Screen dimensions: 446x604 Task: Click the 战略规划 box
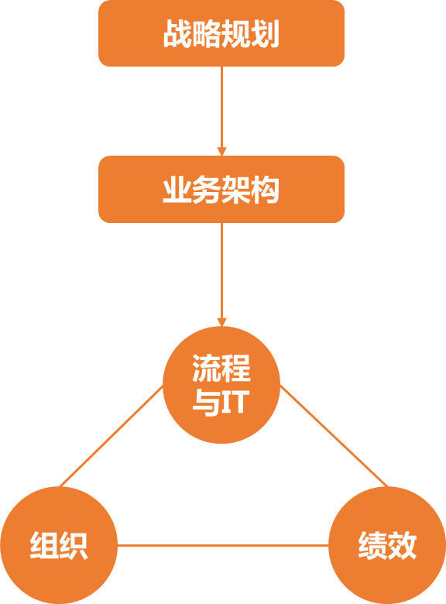(x=221, y=33)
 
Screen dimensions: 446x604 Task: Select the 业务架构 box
(x=221, y=189)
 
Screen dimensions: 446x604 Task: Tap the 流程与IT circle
(x=221, y=384)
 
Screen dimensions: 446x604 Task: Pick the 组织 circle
(x=59, y=545)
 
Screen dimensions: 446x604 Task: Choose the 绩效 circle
(x=387, y=545)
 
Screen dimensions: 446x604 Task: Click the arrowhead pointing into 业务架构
(x=221, y=151)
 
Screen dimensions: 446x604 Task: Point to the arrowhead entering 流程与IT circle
(x=221, y=321)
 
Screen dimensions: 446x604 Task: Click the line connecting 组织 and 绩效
(x=223, y=545)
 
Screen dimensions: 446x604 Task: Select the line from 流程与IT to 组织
(x=111, y=436)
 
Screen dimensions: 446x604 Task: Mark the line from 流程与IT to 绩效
(x=334, y=436)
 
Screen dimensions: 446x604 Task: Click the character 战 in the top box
(x=178, y=34)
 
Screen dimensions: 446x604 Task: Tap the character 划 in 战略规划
(x=265, y=34)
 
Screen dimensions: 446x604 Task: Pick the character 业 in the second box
(x=177, y=190)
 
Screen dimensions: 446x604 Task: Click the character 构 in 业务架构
(x=265, y=190)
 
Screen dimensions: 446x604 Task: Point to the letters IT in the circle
(x=234, y=402)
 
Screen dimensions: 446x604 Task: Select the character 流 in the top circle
(x=207, y=368)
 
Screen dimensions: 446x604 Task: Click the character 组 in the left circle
(x=44, y=545)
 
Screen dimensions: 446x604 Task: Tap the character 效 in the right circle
(x=402, y=545)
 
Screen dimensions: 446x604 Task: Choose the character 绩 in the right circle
(x=372, y=545)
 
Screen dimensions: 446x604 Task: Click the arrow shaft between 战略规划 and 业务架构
(x=221, y=107)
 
